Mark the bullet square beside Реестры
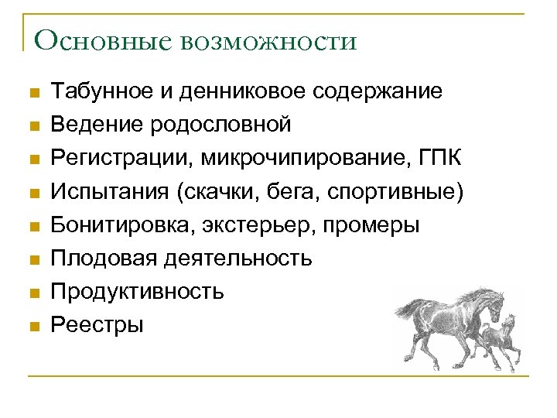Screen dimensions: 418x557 (32, 326)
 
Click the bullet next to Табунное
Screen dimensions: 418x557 (32, 92)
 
